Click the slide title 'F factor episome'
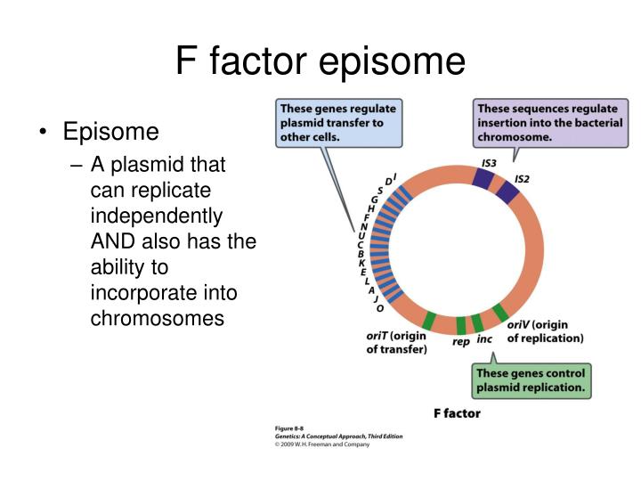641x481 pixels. tap(320, 61)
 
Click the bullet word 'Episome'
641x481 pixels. tap(110, 133)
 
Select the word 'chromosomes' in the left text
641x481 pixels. tap(158, 318)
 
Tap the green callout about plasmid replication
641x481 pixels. tap(531, 380)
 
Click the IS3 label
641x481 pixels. tap(489, 163)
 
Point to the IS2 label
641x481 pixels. tap(523, 179)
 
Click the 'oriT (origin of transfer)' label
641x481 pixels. tap(397, 343)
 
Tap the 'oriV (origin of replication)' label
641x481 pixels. tap(545, 331)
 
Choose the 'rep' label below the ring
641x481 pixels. tap(461, 341)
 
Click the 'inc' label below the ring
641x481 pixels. tap(484, 339)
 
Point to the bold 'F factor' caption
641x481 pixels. tap(456, 413)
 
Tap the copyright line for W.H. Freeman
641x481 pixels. tap(321, 444)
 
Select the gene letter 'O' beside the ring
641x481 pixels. tap(380, 308)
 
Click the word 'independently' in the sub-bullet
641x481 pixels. tap(157, 216)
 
